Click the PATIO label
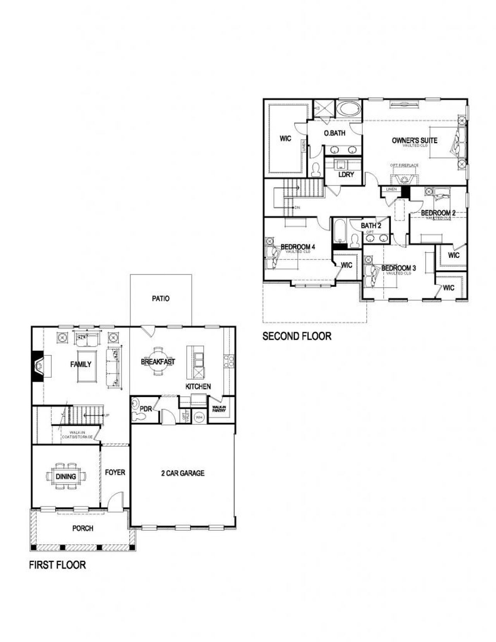[160, 299]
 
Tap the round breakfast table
[158, 361]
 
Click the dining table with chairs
[65, 476]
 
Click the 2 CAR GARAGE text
[183, 473]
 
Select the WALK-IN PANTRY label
[219, 409]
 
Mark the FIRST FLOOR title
[57, 565]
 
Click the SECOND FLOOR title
[297, 336]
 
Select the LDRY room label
[346, 175]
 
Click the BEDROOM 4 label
[298, 247]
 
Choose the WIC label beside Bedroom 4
[346, 265]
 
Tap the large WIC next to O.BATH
[286, 138]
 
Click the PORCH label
[83, 528]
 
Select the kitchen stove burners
[229, 361]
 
